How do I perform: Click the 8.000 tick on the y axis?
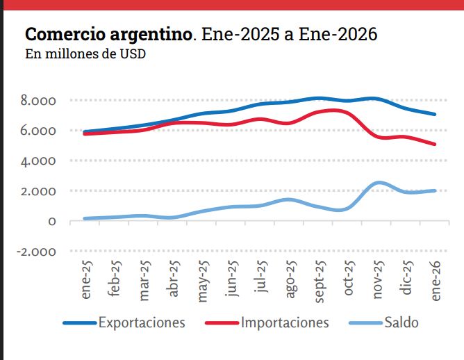[38, 101]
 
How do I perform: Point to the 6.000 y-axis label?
[38, 131]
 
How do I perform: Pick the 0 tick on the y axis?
[52, 222]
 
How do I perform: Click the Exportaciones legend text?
[142, 322]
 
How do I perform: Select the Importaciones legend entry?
[285, 322]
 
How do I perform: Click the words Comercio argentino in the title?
[108, 34]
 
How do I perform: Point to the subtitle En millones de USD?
[85, 54]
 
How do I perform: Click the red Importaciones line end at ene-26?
[435, 145]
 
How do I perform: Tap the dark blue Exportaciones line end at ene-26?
[435, 114]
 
